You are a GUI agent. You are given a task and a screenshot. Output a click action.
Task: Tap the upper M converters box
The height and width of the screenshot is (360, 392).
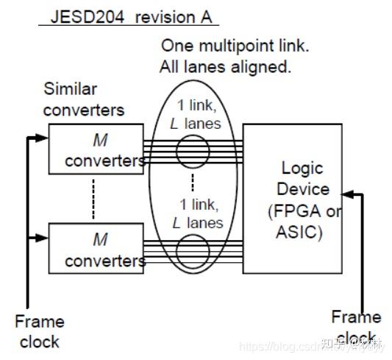pyautogui.click(x=96, y=149)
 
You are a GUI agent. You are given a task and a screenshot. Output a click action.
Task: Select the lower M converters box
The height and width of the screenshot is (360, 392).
pyautogui.click(x=96, y=249)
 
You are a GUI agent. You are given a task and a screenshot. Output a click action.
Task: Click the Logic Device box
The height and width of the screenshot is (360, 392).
pyautogui.click(x=292, y=199)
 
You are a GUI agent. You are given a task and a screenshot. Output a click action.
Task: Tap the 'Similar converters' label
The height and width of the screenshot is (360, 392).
pyautogui.click(x=82, y=100)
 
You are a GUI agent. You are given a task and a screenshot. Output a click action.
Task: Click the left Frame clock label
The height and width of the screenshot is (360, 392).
pyautogui.click(x=40, y=331)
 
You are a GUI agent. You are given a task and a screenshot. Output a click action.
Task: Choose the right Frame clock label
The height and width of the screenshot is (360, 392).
pyautogui.click(x=356, y=328)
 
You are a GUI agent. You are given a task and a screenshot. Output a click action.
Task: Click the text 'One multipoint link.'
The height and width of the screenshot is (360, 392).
pyautogui.click(x=235, y=46)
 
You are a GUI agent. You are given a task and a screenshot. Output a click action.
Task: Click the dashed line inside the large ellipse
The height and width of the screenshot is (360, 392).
pyautogui.click(x=193, y=182)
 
